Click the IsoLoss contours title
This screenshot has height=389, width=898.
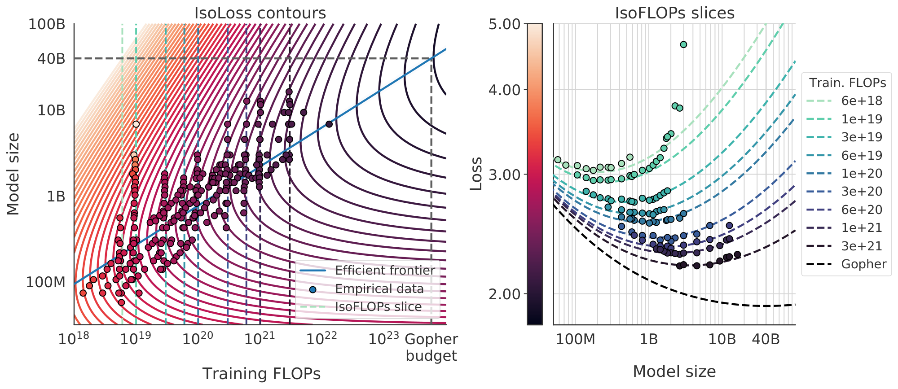click(260, 13)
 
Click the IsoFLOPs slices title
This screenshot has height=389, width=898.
click(674, 13)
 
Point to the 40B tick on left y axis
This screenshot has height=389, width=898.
click(52, 58)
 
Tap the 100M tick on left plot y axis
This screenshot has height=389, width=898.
click(45, 282)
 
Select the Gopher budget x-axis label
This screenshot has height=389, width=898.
click(431, 347)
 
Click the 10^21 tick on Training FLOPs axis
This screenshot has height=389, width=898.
click(260, 339)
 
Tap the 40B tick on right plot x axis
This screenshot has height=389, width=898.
click(766, 339)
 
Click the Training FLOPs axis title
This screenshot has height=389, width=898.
click(261, 374)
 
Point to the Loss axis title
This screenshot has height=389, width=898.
click(476, 174)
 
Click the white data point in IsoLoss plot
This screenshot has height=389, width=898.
click(136, 124)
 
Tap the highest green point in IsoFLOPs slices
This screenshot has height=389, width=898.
click(683, 44)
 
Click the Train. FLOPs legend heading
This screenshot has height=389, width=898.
click(847, 83)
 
